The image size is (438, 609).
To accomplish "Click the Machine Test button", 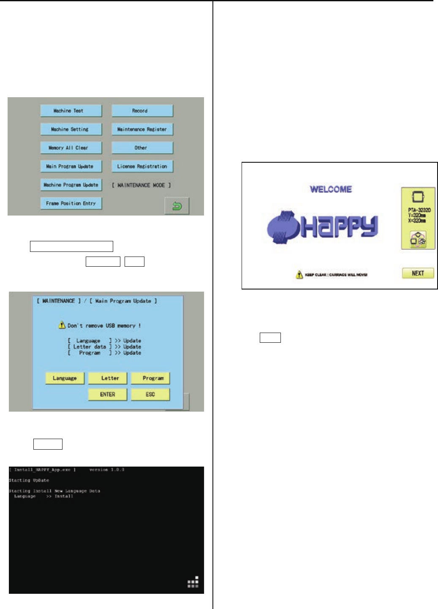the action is (71, 111).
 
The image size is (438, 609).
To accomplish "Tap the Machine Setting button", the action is (71, 129).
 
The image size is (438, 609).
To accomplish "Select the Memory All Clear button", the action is (71, 148).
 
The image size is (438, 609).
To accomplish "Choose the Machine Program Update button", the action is (71, 185).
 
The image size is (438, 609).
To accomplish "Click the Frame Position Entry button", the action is (71, 203).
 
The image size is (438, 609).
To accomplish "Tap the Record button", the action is (142, 111).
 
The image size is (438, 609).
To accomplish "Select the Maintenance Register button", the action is (142, 129).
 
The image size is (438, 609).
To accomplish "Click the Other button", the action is (142, 148).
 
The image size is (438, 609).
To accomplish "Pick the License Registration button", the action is (142, 167).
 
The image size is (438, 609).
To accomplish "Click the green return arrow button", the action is (177, 206).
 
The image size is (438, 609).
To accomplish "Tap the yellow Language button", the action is (65, 378).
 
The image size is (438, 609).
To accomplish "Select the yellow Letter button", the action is (108, 378).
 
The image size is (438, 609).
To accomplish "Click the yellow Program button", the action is (150, 378).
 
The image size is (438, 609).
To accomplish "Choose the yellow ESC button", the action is (150, 394).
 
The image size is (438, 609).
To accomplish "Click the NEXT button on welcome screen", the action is (418, 273).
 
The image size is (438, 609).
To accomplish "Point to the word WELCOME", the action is (331, 189).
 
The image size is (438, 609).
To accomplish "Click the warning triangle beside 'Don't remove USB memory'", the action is (62, 325).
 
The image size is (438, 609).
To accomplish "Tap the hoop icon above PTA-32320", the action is (418, 197).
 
